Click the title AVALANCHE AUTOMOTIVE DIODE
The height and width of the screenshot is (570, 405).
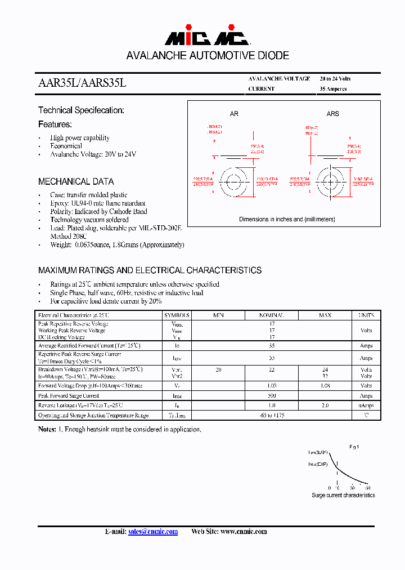(x=208, y=56)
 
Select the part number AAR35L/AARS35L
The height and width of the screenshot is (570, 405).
(x=82, y=83)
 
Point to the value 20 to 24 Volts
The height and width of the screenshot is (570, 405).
(x=335, y=79)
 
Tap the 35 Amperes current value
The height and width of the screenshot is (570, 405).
(x=333, y=89)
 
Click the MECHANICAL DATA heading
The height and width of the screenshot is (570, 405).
(x=76, y=181)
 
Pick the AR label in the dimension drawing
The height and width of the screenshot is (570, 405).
(x=234, y=114)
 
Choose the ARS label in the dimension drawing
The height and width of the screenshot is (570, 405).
(x=333, y=114)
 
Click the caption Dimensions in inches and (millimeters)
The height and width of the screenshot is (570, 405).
(x=286, y=219)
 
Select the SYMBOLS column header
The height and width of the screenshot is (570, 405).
(x=177, y=315)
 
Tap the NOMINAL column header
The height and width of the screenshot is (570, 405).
(x=271, y=315)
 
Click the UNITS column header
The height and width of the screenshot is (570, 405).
(x=366, y=315)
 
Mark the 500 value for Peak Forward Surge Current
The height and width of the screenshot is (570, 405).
(x=271, y=396)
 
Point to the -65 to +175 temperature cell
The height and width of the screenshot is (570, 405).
(x=271, y=415)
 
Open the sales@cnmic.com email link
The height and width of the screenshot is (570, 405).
(x=153, y=532)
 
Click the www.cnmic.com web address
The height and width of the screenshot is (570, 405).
(x=244, y=532)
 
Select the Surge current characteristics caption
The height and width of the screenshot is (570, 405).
(x=343, y=495)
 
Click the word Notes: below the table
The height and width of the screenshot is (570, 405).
(x=47, y=429)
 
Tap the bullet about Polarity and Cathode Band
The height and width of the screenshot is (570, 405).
(x=98, y=211)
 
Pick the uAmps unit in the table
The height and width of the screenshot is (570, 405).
(x=366, y=406)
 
